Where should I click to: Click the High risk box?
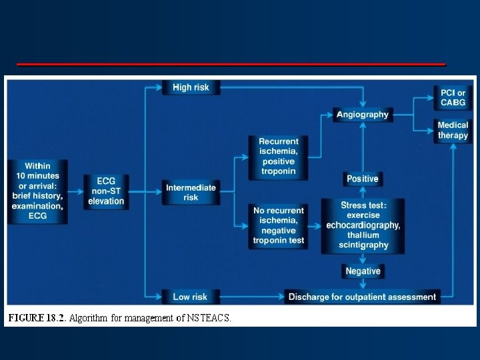[191, 87]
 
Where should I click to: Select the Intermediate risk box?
[191, 193]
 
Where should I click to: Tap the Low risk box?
[191, 297]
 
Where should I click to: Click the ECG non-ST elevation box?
[106, 191]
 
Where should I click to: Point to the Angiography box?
[362, 115]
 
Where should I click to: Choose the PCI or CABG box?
[453, 97]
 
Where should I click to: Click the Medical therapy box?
[453, 130]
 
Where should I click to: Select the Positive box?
[363, 179]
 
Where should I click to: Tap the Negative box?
[363, 271]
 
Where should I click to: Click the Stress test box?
[363, 225]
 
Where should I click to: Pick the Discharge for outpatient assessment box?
[362, 297]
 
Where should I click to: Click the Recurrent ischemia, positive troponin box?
[279, 157]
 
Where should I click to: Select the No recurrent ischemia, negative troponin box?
[279, 225]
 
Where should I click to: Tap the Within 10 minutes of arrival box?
[37, 191]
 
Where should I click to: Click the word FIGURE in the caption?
[27, 318]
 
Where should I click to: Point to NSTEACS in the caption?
[208, 318]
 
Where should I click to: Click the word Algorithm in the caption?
[88, 318]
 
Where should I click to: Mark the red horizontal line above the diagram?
[231, 64]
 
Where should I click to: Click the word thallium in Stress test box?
[363, 235]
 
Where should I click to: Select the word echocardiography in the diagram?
[363, 225]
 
